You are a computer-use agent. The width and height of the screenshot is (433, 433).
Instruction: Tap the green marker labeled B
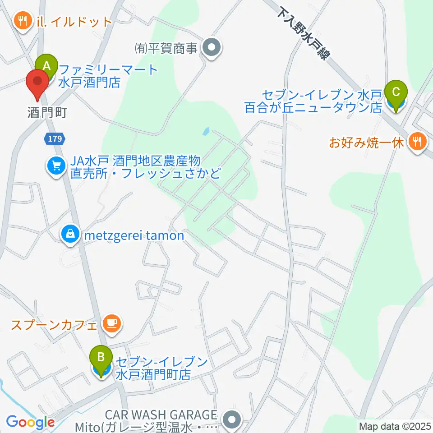(x=101, y=358)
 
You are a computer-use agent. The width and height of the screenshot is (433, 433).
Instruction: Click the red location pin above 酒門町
(x=38, y=83)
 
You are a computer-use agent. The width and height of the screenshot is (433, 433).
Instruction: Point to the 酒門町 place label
(x=47, y=112)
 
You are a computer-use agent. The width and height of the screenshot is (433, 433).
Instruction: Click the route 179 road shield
(x=55, y=139)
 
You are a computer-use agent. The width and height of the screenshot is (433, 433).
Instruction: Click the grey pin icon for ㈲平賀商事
(x=210, y=47)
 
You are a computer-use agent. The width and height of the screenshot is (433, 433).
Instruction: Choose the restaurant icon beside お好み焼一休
(x=415, y=142)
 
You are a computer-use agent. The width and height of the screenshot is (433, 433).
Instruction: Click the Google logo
(x=30, y=422)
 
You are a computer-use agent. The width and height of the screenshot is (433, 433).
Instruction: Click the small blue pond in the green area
(x=206, y=132)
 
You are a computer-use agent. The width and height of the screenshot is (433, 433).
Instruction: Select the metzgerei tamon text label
(x=132, y=235)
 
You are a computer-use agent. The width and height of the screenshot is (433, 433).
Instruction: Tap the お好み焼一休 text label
(x=366, y=143)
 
